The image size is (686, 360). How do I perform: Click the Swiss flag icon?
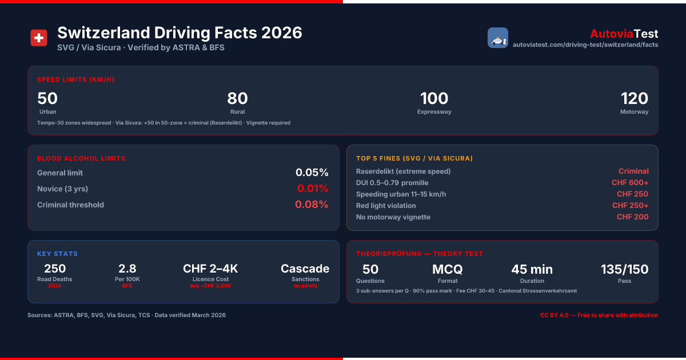coord(39,38)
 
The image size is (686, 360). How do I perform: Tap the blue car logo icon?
coord(498,38)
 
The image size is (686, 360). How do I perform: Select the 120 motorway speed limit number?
coord(634,98)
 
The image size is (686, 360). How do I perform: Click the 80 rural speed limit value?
coord(237,98)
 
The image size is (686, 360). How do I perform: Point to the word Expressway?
coord(434,112)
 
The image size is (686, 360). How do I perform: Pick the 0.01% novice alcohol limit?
coord(312,188)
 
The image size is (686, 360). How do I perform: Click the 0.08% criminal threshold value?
coord(312,204)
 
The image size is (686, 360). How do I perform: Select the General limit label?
coord(60,173)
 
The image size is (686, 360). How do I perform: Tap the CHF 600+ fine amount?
coord(630,182)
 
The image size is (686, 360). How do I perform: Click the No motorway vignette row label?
coord(393,217)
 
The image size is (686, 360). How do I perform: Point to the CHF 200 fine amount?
coord(632,217)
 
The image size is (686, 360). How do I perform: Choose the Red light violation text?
coord(386,206)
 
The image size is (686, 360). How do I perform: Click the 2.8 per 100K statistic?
coord(127,269)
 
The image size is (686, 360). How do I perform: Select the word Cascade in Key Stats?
coord(305,269)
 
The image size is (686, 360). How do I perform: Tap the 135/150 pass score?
coord(624,269)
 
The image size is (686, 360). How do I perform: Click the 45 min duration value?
coord(532,269)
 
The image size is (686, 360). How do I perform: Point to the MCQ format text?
coord(448,269)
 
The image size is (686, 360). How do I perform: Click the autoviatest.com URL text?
coord(585,45)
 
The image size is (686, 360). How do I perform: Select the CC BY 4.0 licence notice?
coord(599,315)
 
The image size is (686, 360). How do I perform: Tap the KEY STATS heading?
coord(57,254)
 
